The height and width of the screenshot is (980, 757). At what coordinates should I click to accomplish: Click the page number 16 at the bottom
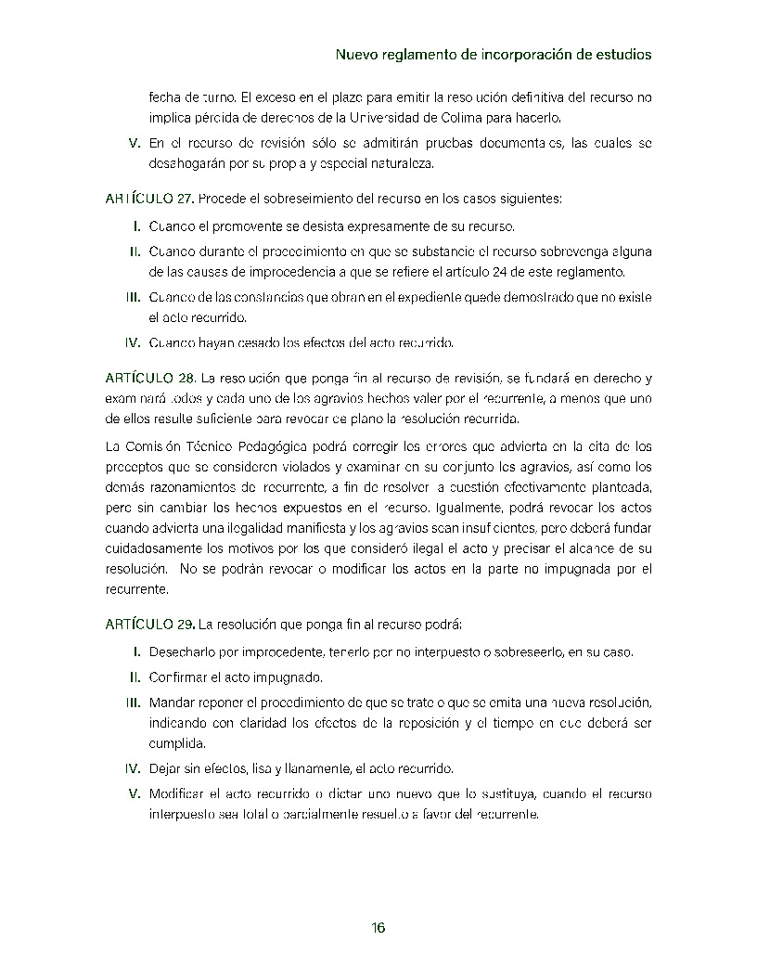tap(378, 929)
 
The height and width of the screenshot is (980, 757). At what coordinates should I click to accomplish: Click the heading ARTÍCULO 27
tap(149, 199)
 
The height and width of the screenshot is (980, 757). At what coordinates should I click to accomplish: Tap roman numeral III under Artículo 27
tap(133, 297)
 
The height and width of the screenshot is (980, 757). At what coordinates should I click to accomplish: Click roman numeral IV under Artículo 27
tap(133, 342)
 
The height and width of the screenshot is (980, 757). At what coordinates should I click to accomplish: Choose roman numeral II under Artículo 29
tap(135, 677)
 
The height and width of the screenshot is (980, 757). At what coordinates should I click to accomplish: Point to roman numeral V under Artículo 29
tap(135, 793)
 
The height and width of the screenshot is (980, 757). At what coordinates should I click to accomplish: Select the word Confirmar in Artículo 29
tap(180, 677)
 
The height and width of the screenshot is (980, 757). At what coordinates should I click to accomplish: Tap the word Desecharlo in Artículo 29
tap(183, 651)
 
